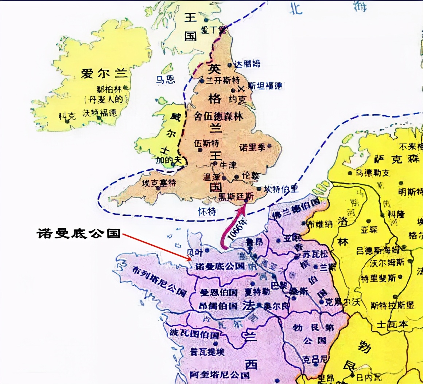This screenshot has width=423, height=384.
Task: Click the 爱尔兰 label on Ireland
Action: (x=105, y=73)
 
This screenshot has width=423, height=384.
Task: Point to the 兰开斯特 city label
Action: (x=222, y=80)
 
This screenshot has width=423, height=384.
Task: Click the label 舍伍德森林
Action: (x=218, y=116)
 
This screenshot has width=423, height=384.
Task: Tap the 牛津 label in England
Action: (x=228, y=165)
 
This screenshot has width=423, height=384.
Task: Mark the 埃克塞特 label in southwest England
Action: (x=159, y=182)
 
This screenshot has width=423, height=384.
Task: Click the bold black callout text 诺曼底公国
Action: (x=78, y=233)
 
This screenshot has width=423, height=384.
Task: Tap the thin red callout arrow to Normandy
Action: (x=157, y=247)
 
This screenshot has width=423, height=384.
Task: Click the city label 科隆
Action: (x=396, y=214)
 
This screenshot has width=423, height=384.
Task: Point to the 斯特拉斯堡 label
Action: (x=392, y=305)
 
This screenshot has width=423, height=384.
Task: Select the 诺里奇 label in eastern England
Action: (x=252, y=148)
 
